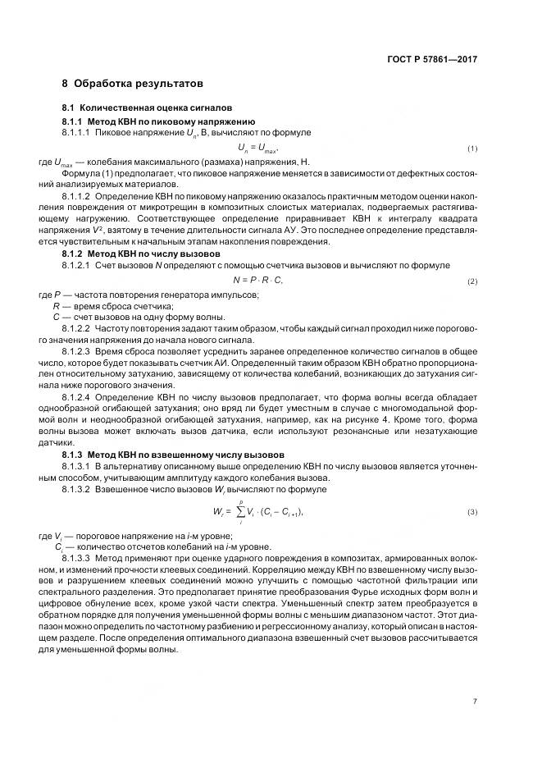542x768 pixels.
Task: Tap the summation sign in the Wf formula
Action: tap(243, 512)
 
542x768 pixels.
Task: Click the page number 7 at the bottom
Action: tap(475, 701)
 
